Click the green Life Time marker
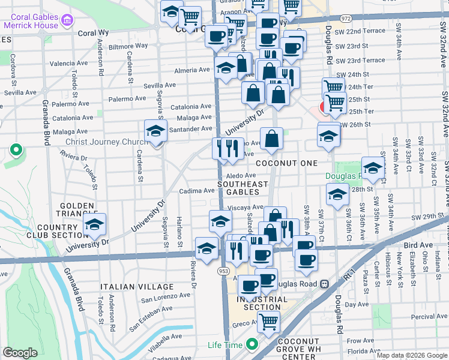click(x=252, y=345)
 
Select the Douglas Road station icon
click(x=325, y=283)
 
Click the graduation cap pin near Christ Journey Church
click(x=155, y=131)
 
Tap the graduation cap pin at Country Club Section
click(x=94, y=224)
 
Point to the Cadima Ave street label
click(x=197, y=191)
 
